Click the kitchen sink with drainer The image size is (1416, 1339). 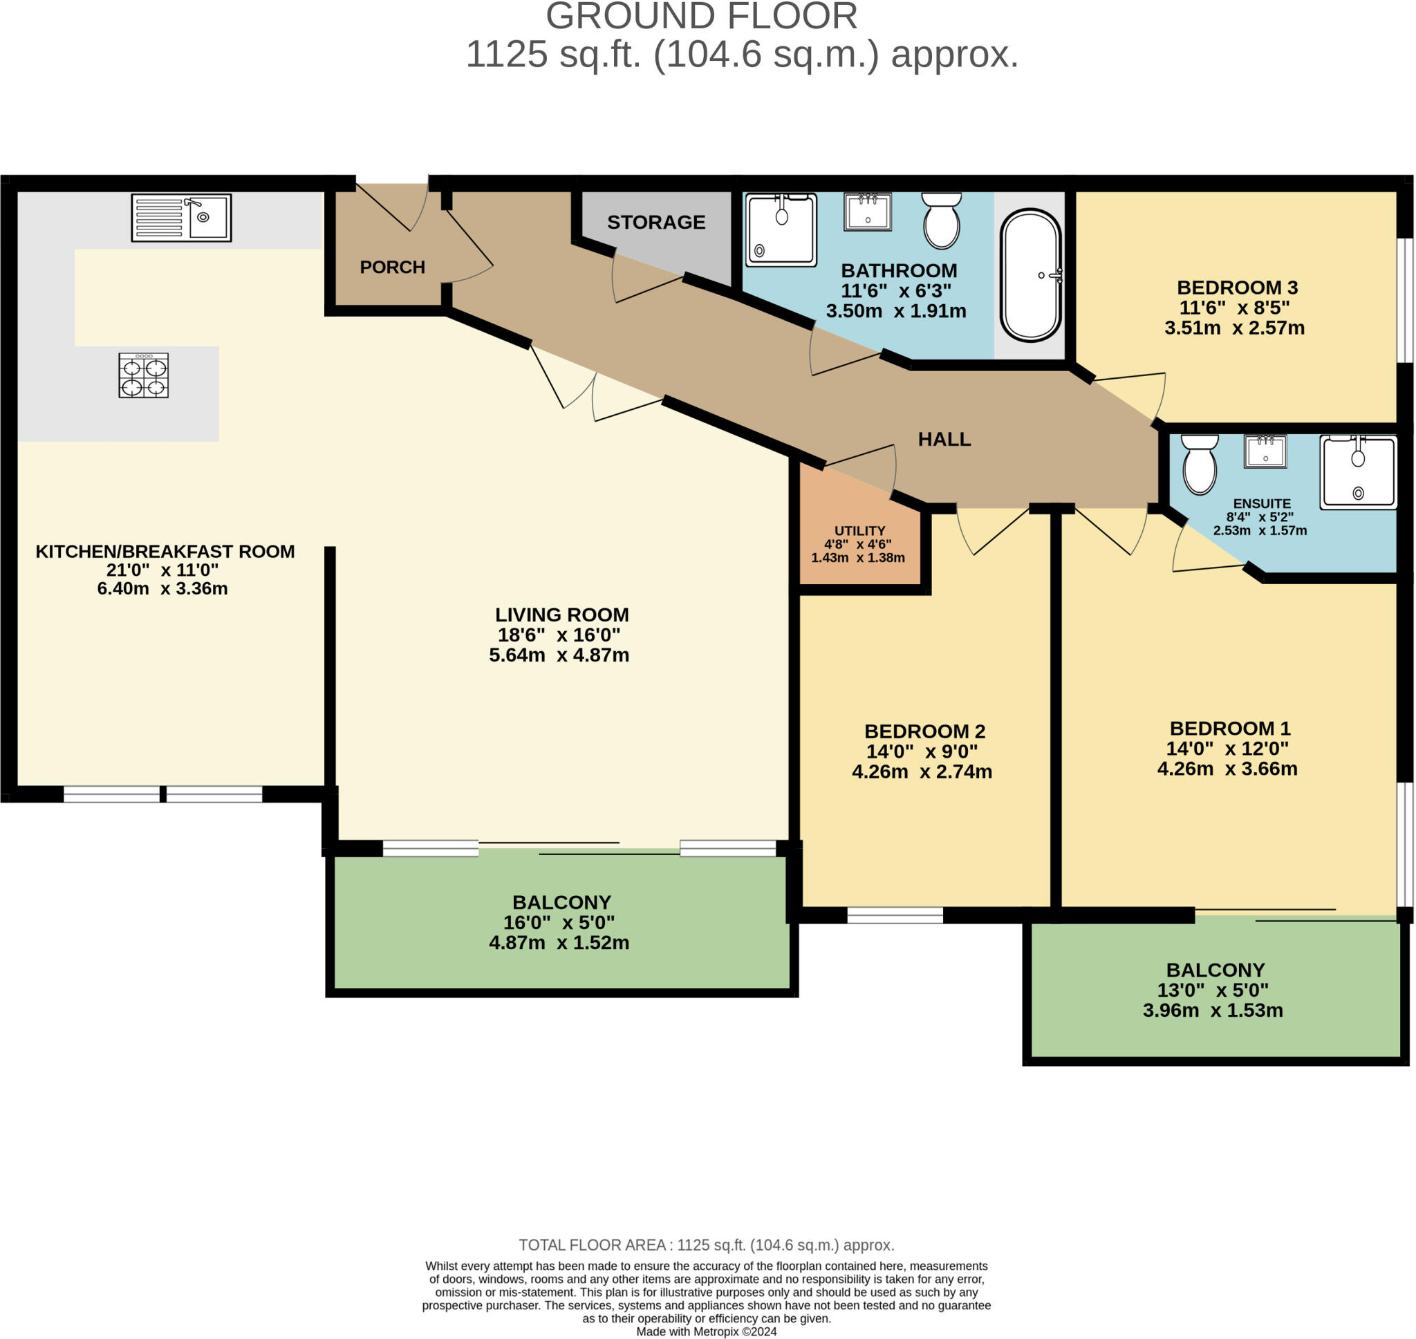(x=181, y=218)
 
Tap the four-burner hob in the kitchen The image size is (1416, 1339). (x=143, y=375)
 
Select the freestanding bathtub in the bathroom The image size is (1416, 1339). (x=1031, y=275)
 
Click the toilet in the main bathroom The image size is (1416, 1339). (x=942, y=221)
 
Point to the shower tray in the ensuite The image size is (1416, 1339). (x=1357, y=473)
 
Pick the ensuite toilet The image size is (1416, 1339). (x=1199, y=465)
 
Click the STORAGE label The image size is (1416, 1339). (x=656, y=222)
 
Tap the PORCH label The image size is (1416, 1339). (x=392, y=267)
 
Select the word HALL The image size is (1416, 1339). (x=944, y=439)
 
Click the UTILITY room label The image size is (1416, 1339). (x=859, y=530)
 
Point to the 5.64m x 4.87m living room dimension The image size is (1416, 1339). (x=559, y=655)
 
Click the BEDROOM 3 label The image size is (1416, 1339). (x=1237, y=288)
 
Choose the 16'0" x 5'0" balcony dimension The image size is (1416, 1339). (x=559, y=922)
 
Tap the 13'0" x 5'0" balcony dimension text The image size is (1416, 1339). (x=1213, y=990)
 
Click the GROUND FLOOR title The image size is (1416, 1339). (x=702, y=17)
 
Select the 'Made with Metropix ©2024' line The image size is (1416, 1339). (x=706, y=1331)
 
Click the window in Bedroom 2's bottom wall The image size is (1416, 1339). (x=894, y=915)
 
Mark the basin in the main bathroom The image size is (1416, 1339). (x=867, y=212)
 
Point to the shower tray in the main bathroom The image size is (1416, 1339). (x=781, y=230)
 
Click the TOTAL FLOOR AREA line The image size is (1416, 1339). (x=706, y=1246)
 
